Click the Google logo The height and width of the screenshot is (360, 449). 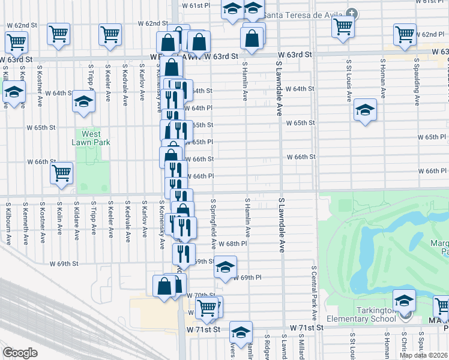click(x=20, y=353)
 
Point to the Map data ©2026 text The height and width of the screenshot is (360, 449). click(x=424, y=355)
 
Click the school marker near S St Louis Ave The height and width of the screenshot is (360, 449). click(x=364, y=110)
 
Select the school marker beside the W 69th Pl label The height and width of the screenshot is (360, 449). click(x=225, y=267)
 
